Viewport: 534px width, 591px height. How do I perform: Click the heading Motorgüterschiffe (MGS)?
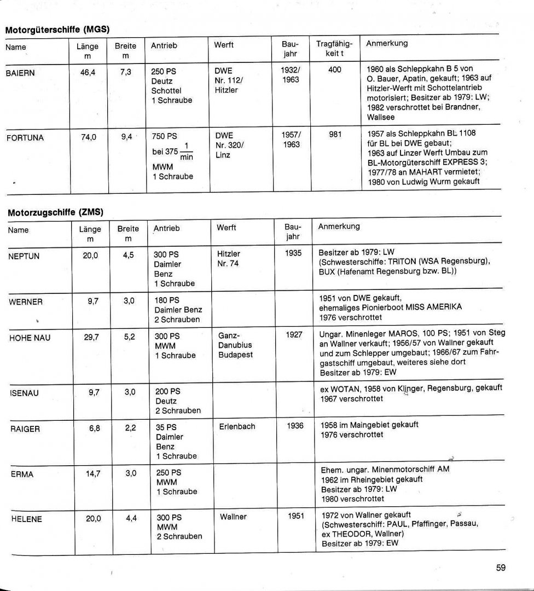60,30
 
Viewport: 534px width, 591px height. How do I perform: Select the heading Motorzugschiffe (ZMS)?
56,212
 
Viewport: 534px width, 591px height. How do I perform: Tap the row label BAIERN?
20,73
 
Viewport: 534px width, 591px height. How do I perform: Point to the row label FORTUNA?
25,138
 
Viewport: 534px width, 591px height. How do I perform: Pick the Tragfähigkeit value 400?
335,71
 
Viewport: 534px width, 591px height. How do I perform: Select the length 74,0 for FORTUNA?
89,137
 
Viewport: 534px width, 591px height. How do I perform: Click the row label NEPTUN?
24,256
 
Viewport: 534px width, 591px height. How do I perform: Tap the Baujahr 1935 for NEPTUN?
294,254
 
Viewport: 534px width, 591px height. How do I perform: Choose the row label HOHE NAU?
30,338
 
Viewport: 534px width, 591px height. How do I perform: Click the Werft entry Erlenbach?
237,426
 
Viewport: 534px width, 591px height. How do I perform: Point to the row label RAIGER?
25,430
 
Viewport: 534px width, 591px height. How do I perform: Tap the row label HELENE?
26,519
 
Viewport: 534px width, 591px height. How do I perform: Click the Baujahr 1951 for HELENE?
295,516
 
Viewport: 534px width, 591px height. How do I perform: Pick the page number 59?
501,568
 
